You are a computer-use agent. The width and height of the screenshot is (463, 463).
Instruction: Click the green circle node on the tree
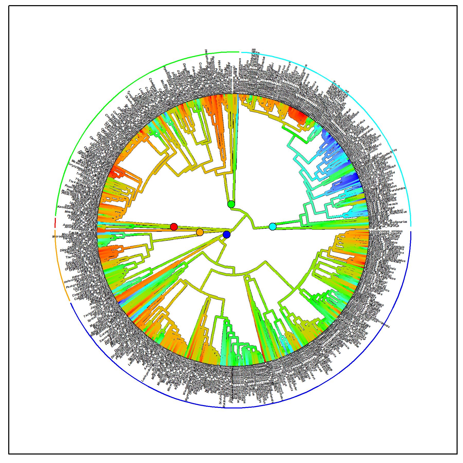231,204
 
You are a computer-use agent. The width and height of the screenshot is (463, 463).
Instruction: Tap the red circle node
174,227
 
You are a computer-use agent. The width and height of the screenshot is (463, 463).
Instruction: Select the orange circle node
200,232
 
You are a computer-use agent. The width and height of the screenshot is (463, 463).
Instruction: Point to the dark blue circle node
227,234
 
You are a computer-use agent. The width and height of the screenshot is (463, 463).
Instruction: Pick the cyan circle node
272,227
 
